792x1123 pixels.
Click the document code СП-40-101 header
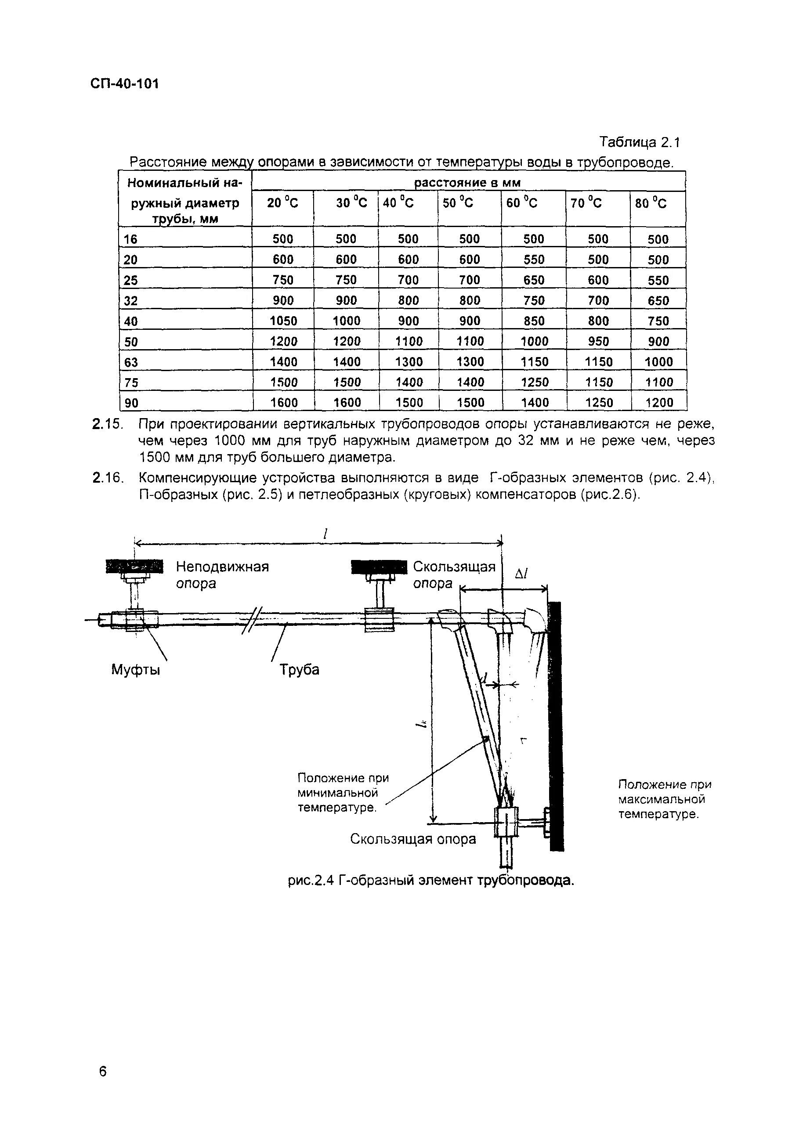pos(125,83)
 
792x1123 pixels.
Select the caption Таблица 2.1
pos(640,142)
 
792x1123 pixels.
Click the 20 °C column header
pos(282,202)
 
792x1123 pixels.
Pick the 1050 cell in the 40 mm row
pos(283,321)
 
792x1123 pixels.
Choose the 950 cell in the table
pos(598,341)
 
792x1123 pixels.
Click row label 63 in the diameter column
pos(130,362)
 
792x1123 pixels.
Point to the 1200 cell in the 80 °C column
pos(658,403)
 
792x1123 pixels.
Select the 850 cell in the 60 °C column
pos(534,321)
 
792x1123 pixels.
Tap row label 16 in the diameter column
pos(130,240)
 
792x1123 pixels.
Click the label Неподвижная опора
pos(222,575)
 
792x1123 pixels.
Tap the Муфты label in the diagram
pos(135,669)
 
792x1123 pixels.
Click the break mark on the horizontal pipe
pos(253,620)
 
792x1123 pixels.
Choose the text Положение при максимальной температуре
pos(664,799)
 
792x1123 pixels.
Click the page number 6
pos(103,1072)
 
